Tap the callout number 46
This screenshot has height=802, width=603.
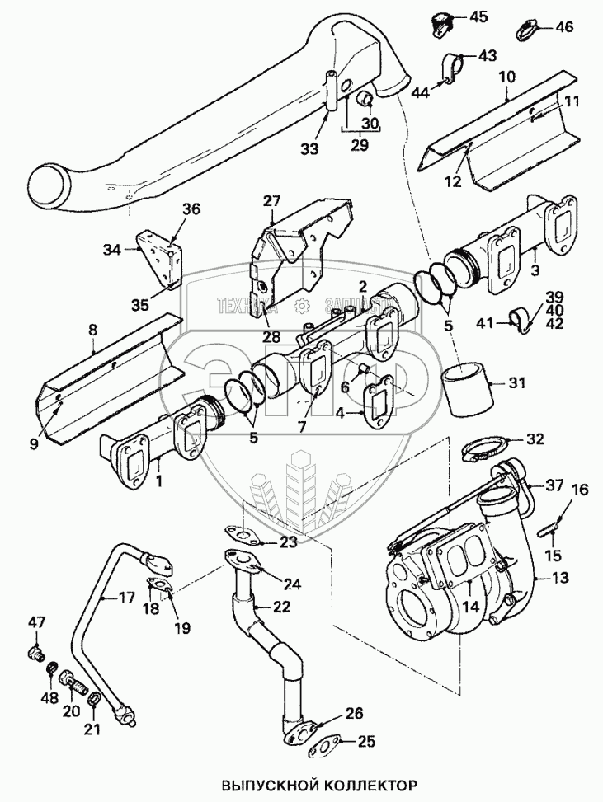564,27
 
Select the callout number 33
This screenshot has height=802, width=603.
309,149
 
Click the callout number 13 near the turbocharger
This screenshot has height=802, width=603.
561,578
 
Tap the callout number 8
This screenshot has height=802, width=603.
92,330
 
